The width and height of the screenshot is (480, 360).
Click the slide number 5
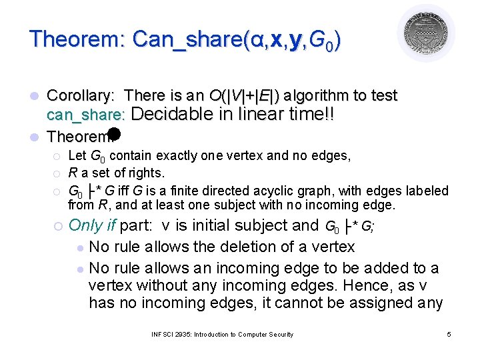click(x=449, y=334)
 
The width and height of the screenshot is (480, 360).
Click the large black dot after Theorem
click(x=113, y=133)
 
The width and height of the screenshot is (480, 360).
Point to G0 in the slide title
click(x=325, y=40)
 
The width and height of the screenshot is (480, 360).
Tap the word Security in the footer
click(x=276, y=334)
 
